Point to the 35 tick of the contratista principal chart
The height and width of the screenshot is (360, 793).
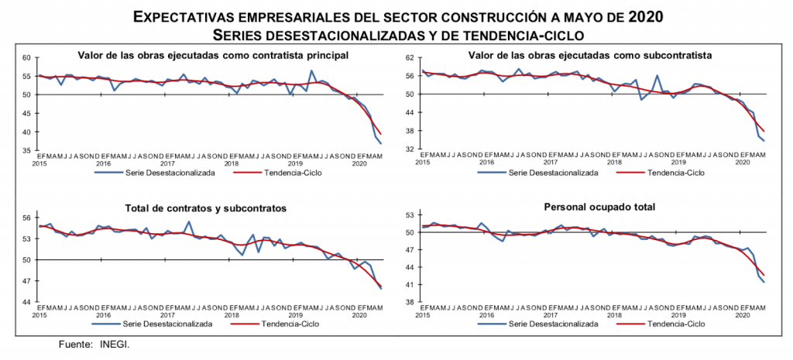25,150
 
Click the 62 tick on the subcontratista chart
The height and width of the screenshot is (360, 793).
410,58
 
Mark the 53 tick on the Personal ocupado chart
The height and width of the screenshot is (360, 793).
410,214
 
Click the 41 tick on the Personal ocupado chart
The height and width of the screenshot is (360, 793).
410,285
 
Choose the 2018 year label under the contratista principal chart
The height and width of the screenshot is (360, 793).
231,163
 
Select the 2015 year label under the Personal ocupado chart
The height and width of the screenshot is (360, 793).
423,315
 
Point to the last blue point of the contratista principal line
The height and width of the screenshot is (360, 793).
381,143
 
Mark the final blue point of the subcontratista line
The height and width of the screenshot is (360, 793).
764,141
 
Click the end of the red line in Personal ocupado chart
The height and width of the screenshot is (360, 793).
764,275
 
